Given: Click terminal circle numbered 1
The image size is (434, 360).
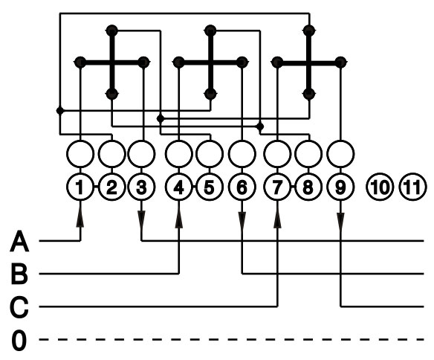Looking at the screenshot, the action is click(80, 187).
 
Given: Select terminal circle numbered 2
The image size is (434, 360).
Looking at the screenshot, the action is click(111, 187).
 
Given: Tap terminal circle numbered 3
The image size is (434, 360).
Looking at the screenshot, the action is click(141, 187).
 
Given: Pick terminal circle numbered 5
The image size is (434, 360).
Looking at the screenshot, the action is click(210, 187).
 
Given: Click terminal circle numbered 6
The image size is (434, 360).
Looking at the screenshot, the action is click(242, 187).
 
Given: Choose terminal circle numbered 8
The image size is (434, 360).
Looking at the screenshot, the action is click(308, 187).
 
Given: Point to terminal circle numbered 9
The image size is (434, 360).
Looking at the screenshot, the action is click(340, 187).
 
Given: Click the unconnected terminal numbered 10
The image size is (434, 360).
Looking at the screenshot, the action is click(380, 187).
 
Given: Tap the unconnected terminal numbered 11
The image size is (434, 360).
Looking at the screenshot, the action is click(412, 187).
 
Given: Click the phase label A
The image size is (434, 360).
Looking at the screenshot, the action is click(19, 241).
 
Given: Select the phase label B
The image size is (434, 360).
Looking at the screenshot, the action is click(19, 274).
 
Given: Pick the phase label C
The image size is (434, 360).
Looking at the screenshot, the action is click(19, 307).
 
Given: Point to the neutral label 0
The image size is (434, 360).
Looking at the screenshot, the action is click(19, 340).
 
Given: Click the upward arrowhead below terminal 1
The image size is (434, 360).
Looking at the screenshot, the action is click(80, 220).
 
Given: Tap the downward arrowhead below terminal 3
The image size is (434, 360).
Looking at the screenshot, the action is click(141, 219).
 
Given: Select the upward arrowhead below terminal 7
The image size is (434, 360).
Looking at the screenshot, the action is click(277, 220).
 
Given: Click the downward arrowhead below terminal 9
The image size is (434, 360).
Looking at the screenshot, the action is click(340, 220).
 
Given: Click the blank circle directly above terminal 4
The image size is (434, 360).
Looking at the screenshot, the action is click(179, 154).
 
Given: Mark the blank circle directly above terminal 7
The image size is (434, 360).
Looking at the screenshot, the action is click(277, 154).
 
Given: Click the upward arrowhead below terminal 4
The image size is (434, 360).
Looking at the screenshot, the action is click(179, 220).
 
